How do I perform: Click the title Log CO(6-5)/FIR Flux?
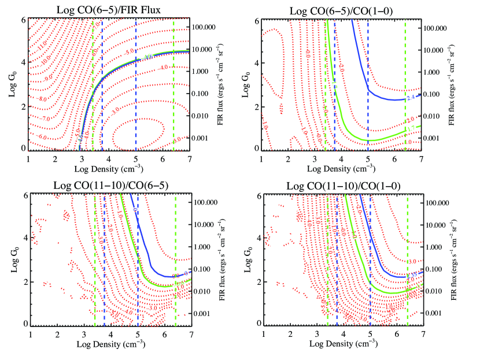[x=108, y=10]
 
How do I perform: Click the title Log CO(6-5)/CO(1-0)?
[x=341, y=10]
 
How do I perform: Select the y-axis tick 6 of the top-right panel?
[x=254, y=20]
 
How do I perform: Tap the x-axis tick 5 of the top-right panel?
[x=368, y=158]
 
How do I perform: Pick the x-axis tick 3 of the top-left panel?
[x=82, y=158]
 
